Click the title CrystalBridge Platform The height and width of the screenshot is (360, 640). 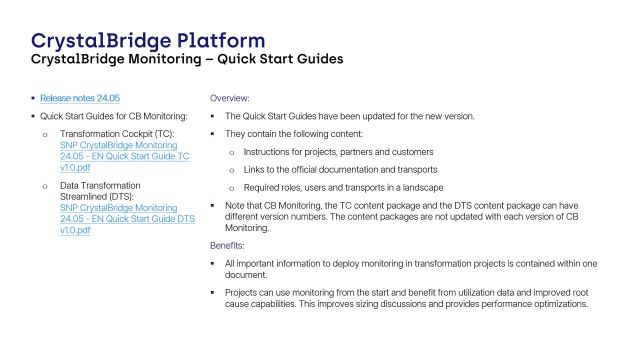click(x=148, y=41)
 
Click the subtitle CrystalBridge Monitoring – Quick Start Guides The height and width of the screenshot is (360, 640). click(x=187, y=60)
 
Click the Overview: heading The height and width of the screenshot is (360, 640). click(x=230, y=99)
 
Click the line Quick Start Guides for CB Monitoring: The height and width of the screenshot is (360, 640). click(x=113, y=115)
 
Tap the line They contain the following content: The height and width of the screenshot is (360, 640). click(x=298, y=134)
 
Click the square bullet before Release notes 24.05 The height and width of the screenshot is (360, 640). click(x=32, y=99)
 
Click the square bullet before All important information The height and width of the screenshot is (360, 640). click(x=213, y=263)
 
